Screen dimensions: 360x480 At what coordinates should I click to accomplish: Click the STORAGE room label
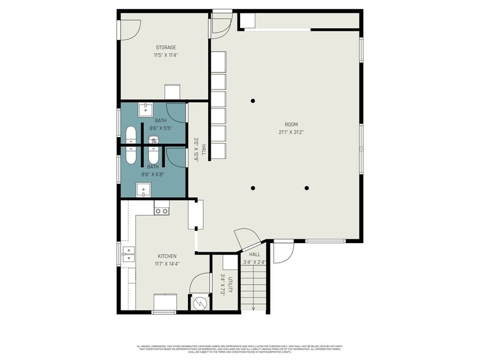(x=165, y=47)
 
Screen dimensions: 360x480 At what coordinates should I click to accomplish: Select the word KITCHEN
(x=167, y=256)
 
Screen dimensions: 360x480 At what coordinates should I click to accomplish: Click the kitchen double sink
(x=129, y=254)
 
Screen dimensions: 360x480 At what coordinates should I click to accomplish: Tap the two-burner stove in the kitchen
(x=162, y=211)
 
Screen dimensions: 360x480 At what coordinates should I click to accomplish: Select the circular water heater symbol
(x=198, y=302)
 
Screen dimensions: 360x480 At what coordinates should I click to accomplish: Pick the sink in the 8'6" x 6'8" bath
(x=143, y=190)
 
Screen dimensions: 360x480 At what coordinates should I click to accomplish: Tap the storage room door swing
(x=130, y=29)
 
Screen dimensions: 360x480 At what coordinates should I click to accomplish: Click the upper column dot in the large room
(x=252, y=100)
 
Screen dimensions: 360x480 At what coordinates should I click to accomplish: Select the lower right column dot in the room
(x=307, y=188)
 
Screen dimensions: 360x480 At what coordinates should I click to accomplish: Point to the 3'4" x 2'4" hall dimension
(x=254, y=262)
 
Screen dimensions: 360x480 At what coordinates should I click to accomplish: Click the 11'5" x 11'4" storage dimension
(x=165, y=55)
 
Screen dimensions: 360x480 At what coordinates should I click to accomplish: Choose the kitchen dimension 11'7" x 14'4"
(x=167, y=264)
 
